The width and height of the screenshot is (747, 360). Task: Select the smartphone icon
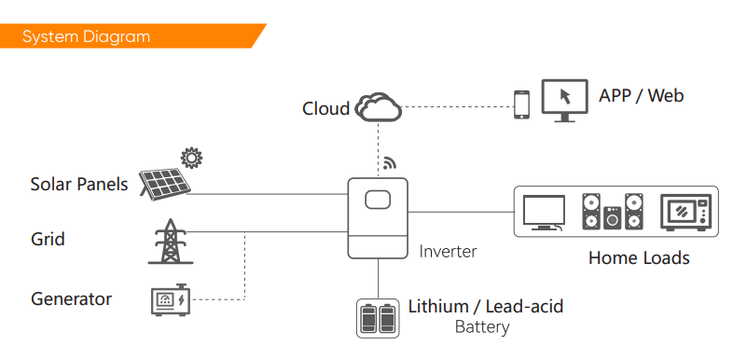click(521, 104)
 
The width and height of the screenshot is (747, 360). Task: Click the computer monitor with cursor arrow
click(564, 100)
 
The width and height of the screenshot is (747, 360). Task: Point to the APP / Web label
click(642, 96)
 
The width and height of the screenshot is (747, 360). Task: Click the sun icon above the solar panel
click(191, 158)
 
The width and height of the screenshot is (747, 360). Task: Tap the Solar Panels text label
click(79, 185)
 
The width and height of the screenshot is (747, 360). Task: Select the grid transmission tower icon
click(171, 241)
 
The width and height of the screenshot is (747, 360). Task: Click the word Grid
click(48, 239)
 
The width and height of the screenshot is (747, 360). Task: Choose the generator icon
click(171, 299)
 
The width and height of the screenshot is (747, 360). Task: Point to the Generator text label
click(72, 299)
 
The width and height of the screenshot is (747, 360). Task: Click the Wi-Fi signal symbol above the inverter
click(389, 163)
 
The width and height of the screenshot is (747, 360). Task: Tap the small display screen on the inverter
click(378, 200)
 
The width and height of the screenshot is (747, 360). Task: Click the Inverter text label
click(448, 252)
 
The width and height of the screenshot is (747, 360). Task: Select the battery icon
click(378, 319)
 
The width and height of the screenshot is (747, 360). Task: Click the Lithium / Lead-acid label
click(486, 306)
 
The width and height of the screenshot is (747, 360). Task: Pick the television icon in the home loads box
click(544, 213)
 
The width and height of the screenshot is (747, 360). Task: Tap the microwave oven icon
click(686, 213)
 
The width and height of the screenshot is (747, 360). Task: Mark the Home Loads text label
click(639, 258)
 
